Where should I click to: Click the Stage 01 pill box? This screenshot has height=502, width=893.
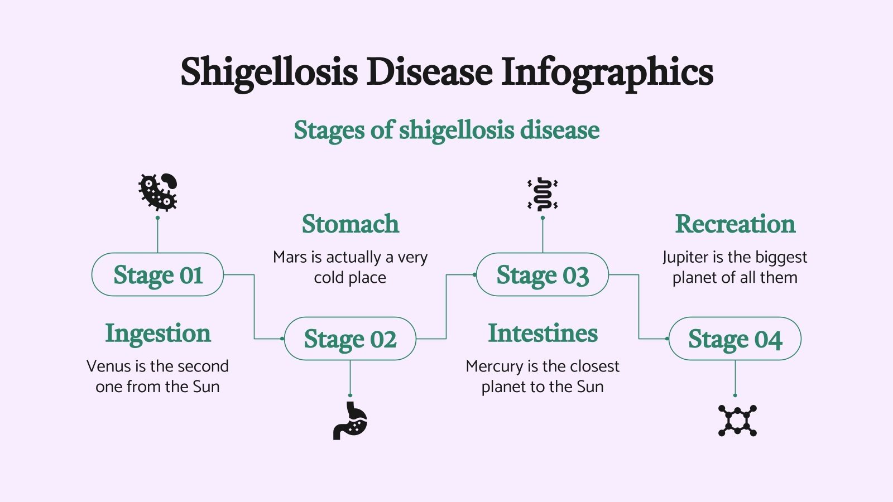pyautogui.click(x=157, y=275)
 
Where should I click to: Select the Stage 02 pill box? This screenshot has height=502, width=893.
pyautogui.click(x=350, y=339)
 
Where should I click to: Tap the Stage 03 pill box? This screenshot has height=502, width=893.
pyautogui.click(x=542, y=275)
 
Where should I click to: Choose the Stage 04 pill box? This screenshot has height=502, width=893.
pyautogui.click(x=734, y=339)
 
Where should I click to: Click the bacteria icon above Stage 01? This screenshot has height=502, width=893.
pyautogui.click(x=158, y=191)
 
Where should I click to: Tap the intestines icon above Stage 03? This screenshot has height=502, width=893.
pyautogui.click(x=542, y=194)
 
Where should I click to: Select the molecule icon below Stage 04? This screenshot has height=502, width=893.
pyautogui.click(x=737, y=421)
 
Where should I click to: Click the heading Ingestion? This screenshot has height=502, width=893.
pyautogui.click(x=158, y=334)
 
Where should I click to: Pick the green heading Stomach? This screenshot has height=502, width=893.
pyautogui.click(x=351, y=224)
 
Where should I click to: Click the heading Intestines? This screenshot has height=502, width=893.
pyautogui.click(x=542, y=334)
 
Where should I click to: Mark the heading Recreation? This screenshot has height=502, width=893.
pyautogui.click(x=735, y=224)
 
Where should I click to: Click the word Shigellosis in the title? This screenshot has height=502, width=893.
pyautogui.click(x=269, y=73)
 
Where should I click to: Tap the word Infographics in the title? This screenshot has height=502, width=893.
pyautogui.click(x=607, y=73)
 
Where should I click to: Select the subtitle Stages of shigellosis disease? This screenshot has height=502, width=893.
pyautogui.click(x=446, y=130)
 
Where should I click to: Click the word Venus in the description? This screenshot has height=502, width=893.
pyautogui.click(x=108, y=366)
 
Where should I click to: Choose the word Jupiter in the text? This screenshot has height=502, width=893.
pyautogui.click(x=685, y=257)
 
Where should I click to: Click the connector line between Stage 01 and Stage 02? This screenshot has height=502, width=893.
pyautogui.click(x=255, y=307)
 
